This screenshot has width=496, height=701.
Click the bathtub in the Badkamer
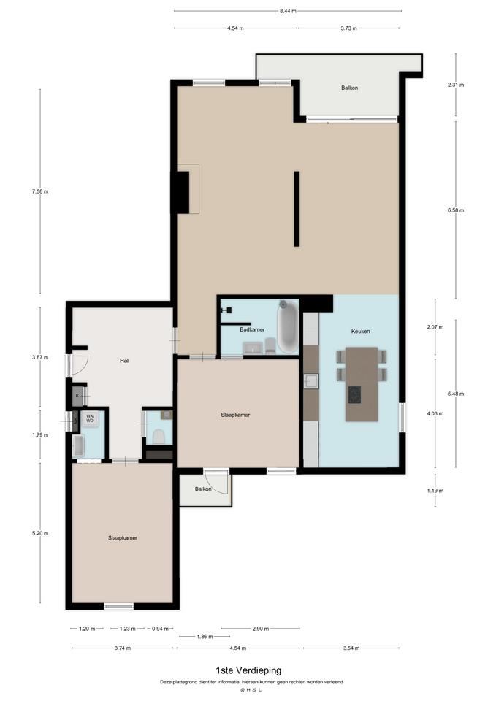[288, 326]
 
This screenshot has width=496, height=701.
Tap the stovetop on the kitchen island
[354, 394]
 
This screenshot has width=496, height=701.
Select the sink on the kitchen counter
[311, 381]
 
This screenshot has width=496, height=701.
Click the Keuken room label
[360, 332]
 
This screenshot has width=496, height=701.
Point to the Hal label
[124, 360]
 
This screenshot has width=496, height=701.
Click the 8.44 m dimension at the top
[288, 11]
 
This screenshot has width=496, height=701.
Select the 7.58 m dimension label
[40, 191]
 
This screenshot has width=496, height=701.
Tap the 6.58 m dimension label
[456, 210]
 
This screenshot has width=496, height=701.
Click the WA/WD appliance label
[90, 418]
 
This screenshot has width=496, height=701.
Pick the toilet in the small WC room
[159, 437]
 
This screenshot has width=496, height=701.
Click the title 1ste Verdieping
[248, 670]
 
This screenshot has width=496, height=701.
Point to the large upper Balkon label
[349, 88]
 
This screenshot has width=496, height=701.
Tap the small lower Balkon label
[203, 489]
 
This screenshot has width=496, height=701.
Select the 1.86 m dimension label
[205, 637]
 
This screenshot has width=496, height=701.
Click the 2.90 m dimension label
[260, 629]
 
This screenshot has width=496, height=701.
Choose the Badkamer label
[252, 329]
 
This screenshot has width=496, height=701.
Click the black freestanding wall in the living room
[297, 209]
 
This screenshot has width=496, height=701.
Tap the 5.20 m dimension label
[40, 533]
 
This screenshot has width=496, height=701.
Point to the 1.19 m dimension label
[435, 491]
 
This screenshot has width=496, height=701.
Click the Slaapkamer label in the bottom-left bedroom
[123, 538]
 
